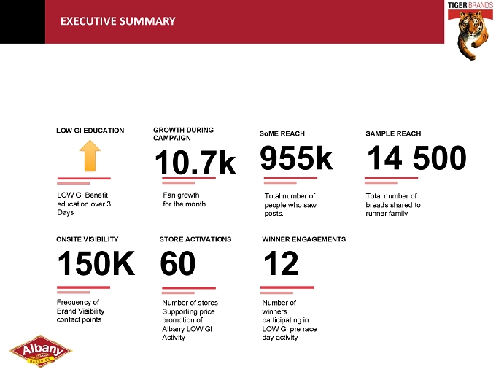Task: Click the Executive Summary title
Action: pos(117,21)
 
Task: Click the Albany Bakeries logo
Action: pos(41,352)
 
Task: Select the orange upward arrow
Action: pos(90,156)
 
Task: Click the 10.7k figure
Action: pos(195,162)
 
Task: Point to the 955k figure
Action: pos(296,158)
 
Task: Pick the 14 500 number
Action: pos(416,158)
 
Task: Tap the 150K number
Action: pos(96,263)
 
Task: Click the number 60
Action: pos(178,263)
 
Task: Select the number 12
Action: pos(281,263)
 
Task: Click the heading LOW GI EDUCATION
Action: pos(90,131)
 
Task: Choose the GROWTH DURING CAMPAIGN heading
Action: pos(184,133)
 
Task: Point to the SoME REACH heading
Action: pos(282,133)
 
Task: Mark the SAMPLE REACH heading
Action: pos(393,133)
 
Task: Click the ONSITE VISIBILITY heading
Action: pos(88,239)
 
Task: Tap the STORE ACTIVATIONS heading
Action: pos(195,239)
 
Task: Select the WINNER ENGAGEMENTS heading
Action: pos(303,239)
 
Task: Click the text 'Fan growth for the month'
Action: pos(184,200)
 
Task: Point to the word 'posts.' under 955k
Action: pos(274,214)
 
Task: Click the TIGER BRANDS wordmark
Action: pos(470,5)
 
